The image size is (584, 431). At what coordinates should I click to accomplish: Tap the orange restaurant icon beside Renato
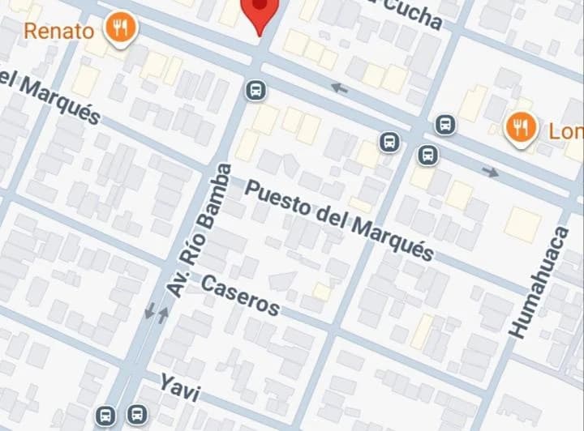(x=121, y=29)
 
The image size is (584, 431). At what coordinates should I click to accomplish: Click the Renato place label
(x=59, y=32)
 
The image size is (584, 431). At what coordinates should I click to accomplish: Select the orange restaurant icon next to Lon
(x=518, y=128)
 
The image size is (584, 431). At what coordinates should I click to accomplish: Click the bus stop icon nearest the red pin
(x=256, y=90)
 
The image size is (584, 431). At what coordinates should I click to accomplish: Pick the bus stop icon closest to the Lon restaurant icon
(x=444, y=125)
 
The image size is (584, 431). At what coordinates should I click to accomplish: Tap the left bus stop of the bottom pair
(x=106, y=416)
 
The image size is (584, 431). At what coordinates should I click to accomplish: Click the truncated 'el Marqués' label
(x=50, y=97)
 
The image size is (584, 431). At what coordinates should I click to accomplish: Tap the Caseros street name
(x=240, y=295)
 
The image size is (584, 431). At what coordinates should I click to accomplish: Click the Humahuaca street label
(x=538, y=282)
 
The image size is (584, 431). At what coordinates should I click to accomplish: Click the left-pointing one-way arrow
(x=340, y=87)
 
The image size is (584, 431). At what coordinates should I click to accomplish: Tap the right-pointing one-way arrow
(x=490, y=172)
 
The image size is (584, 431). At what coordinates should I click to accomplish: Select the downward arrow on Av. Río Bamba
(x=150, y=310)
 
